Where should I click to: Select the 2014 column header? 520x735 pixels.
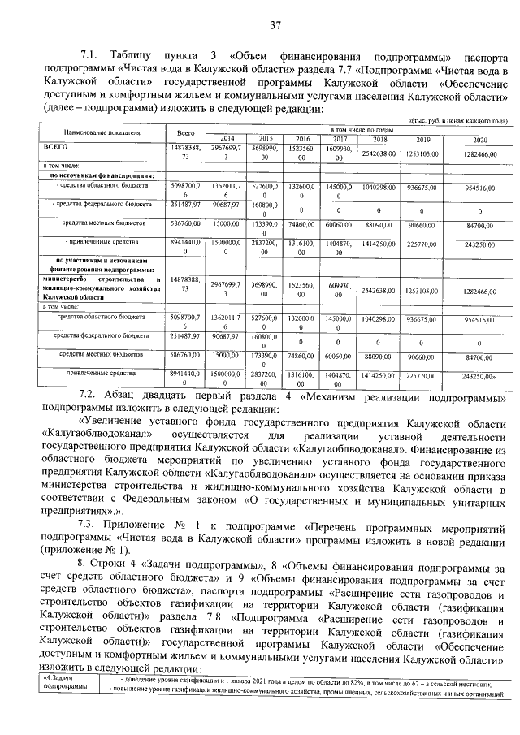click(x=227, y=138)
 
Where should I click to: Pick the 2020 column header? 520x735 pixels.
click(x=480, y=139)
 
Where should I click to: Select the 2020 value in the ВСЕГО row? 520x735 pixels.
click(x=480, y=153)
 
